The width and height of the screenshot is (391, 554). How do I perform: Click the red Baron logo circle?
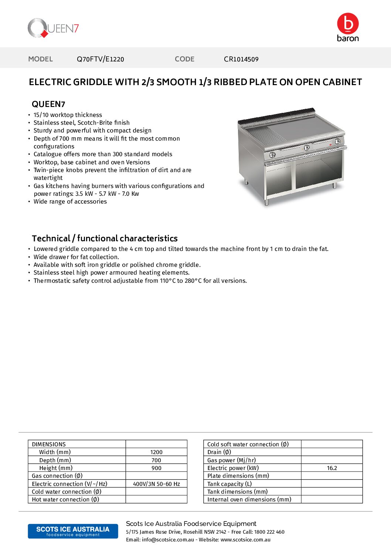pyautogui.click(x=348, y=23)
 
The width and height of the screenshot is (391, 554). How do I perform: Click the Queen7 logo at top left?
pyautogui.click(x=53, y=28)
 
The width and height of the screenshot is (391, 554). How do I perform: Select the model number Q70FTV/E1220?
pyautogui.click(x=100, y=59)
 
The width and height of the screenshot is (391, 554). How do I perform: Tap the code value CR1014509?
pyautogui.click(x=241, y=59)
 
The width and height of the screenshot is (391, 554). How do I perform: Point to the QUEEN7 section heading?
pyautogui.click(x=48, y=104)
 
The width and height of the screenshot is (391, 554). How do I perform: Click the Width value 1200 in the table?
pyautogui.click(x=156, y=452)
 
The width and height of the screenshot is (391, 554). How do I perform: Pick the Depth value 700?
pyautogui.click(x=156, y=460)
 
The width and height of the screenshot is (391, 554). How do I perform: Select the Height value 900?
pyautogui.click(x=156, y=468)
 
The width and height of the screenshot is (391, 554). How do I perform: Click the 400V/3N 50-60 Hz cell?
pyautogui.click(x=156, y=484)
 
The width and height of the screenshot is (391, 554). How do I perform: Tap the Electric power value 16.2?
pyautogui.click(x=332, y=468)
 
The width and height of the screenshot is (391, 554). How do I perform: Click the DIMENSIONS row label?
pyautogui.click(x=49, y=444)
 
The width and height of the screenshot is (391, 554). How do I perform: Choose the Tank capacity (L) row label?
pyautogui.click(x=229, y=484)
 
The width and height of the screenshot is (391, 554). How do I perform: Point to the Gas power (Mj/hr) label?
pyautogui.click(x=231, y=460)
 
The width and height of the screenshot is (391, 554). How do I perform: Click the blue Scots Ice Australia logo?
pyautogui.click(x=73, y=531)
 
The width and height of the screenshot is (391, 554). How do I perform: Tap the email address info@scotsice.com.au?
pyautogui.click(x=168, y=540)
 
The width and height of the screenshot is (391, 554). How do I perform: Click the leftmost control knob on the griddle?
pyautogui.click(x=272, y=155)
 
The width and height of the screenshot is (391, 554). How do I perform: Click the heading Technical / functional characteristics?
pyautogui.click(x=105, y=239)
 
